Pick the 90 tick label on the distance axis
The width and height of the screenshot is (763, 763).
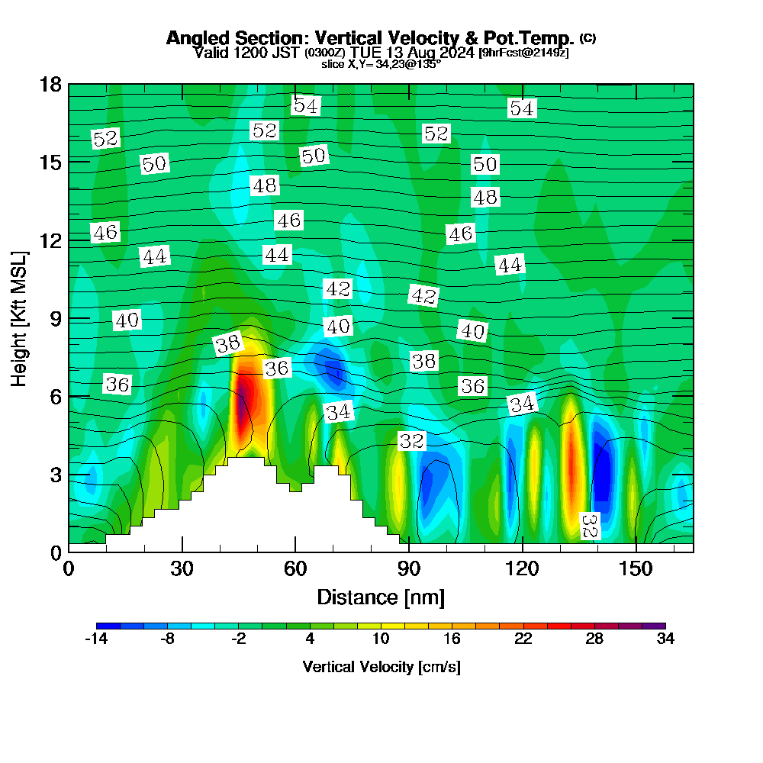pos(409,569)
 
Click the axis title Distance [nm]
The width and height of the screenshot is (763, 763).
pos(381,597)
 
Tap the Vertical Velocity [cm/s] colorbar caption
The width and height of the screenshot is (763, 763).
pos(381,667)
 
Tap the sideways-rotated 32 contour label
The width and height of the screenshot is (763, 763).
pos(588,526)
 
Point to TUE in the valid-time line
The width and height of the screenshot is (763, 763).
pos(365,53)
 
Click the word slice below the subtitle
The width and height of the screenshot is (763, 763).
pos(334,65)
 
